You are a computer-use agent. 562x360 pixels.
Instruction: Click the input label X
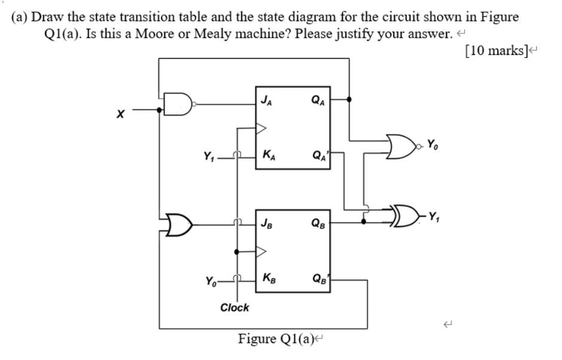pyautogui.click(x=120, y=114)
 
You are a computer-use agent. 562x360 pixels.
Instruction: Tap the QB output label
pyautogui.click(x=318, y=224)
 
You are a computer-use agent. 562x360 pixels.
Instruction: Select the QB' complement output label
pyautogui.click(x=320, y=278)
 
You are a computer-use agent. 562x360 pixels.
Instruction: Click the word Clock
pyautogui.click(x=235, y=307)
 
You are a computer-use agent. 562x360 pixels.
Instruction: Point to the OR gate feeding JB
pyautogui.click(x=178, y=225)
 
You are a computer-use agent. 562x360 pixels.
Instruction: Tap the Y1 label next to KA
pyautogui.click(x=208, y=158)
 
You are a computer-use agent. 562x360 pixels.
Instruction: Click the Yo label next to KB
pyautogui.click(x=211, y=280)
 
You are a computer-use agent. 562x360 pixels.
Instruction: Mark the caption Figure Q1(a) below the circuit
pyautogui.click(x=278, y=339)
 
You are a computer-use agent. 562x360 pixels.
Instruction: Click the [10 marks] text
pyautogui.click(x=496, y=50)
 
